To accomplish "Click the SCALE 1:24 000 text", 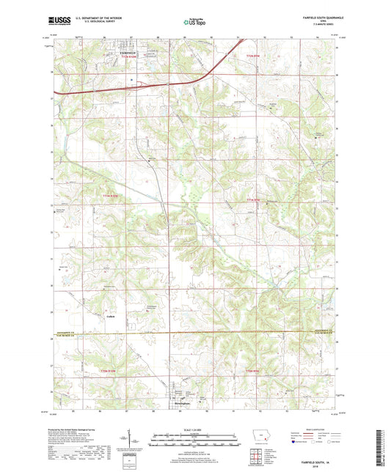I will point(194,429).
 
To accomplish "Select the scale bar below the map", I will point(194,438).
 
